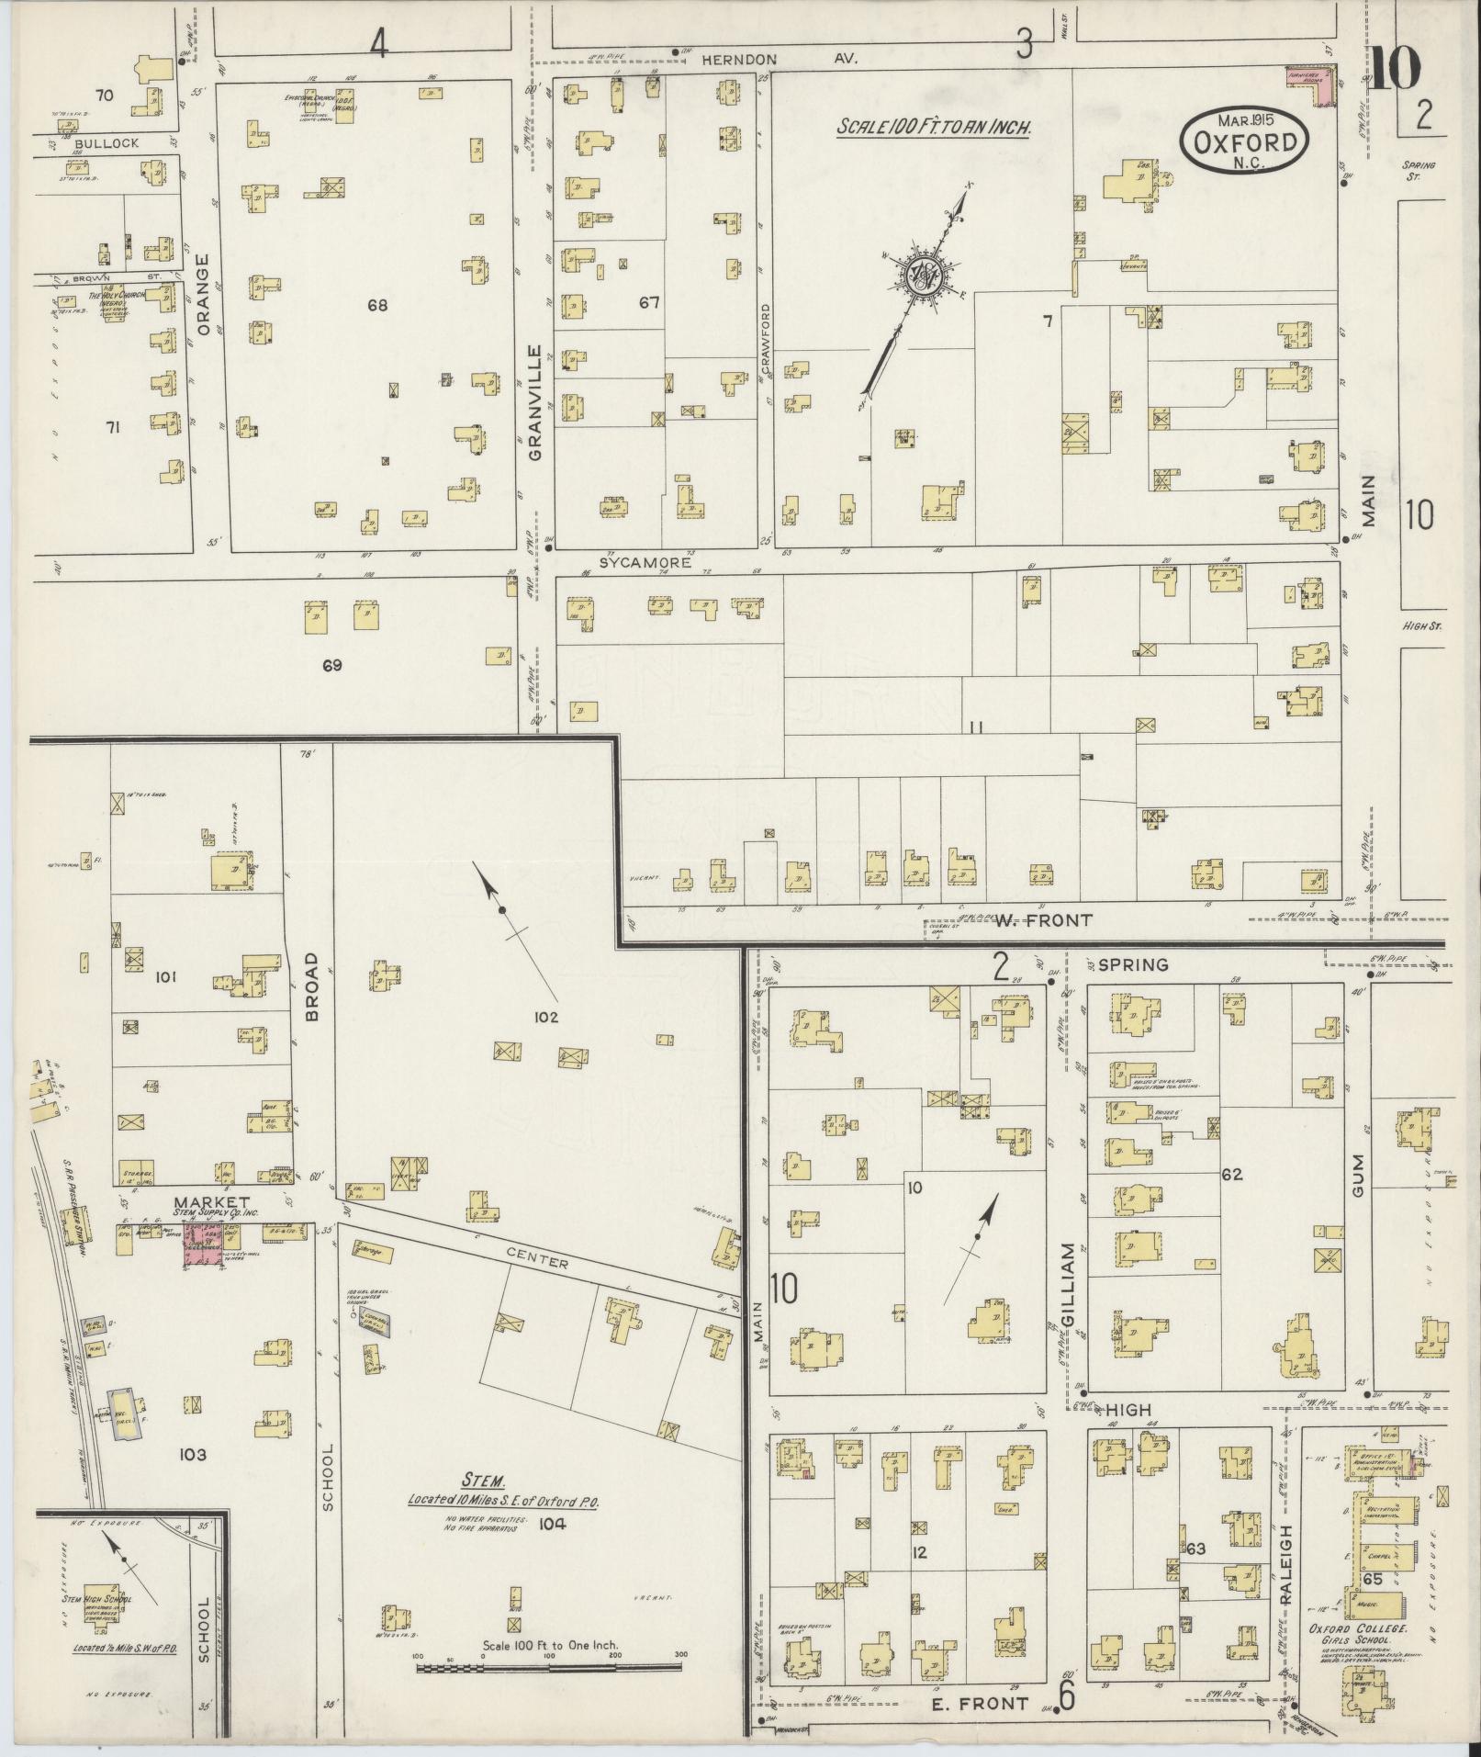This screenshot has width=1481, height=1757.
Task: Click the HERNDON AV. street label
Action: tap(779, 59)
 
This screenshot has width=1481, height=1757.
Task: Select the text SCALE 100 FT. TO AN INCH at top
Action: tap(933, 128)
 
